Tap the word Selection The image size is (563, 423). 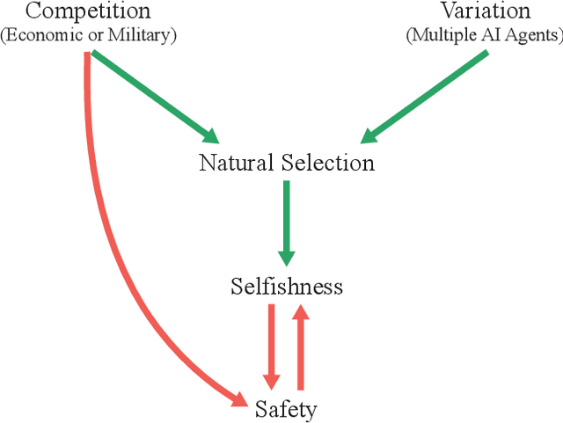[x=327, y=163]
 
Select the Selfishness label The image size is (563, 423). [x=286, y=287]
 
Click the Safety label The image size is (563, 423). [x=285, y=409]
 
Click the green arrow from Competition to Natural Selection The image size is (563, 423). [x=154, y=96]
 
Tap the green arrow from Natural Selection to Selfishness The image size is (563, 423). [x=287, y=220]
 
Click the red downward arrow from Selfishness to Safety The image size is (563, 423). [x=271, y=343]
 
